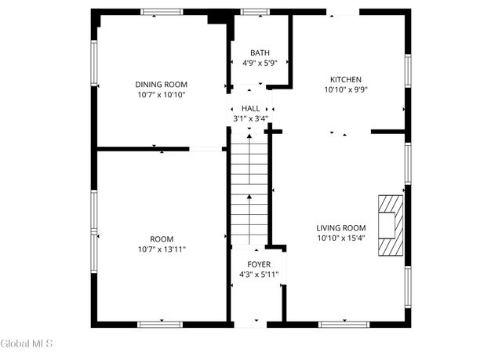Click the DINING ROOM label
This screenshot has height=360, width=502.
(161, 85)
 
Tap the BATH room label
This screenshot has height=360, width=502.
(259, 53)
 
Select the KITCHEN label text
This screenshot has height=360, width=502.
(345, 79)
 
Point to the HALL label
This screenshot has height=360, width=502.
(251, 108)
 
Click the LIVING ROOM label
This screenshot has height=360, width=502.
(342, 227)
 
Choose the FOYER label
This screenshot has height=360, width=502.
(258, 264)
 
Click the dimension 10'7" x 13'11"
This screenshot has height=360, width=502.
(162, 249)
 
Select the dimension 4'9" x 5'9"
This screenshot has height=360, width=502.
(259, 63)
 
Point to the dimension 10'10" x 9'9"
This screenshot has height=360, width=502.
(345, 89)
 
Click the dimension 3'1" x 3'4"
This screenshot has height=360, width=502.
(251, 118)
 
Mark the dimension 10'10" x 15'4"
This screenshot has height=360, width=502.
(342, 238)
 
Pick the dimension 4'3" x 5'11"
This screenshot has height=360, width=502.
(258, 275)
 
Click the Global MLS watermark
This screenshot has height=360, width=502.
(27, 344)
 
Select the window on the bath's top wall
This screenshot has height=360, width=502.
(254, 12)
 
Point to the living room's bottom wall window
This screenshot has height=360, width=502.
(344, 323)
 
